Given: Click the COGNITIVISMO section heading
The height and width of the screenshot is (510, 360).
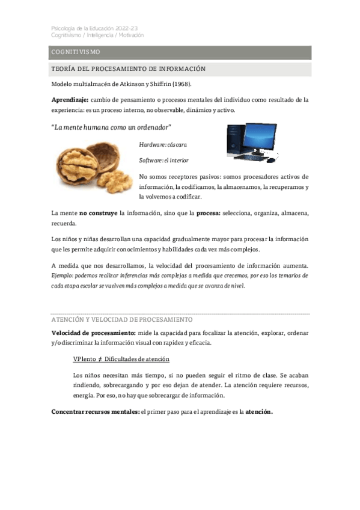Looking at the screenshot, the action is click(x=76, y=53).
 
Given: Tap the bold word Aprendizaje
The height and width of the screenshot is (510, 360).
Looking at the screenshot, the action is click(x=70, y=99).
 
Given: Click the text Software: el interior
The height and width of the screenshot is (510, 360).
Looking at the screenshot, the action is click(x=163, y=161).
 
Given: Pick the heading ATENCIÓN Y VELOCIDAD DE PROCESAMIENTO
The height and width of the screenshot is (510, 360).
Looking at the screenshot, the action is click(x=122, y=319).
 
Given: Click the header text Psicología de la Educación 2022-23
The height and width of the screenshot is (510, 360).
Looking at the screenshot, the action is click(x=98, y=28).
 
